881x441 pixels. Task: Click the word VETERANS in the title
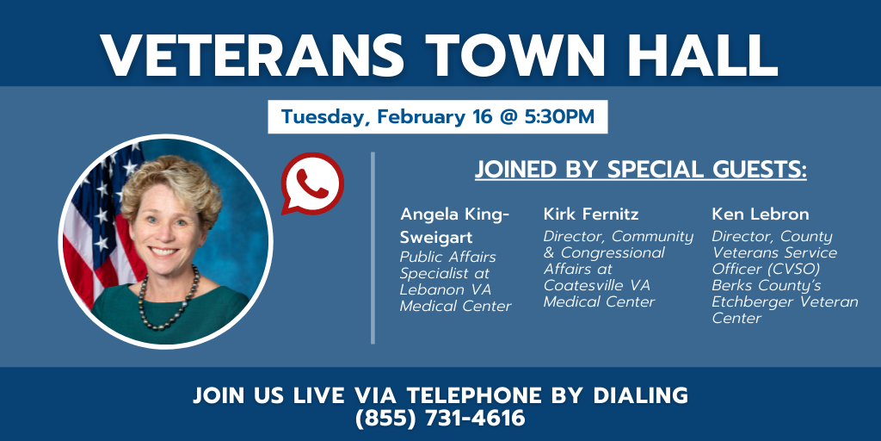tap(252, 55)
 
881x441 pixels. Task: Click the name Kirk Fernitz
tap(591, 214)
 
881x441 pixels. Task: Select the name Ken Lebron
tap(752, 214)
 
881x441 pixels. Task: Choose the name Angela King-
tap(455, 214)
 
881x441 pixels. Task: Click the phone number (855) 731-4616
tap(440, 418)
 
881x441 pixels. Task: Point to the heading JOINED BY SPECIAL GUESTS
tap(640, 170)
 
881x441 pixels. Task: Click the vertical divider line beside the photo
tap(373, 247)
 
